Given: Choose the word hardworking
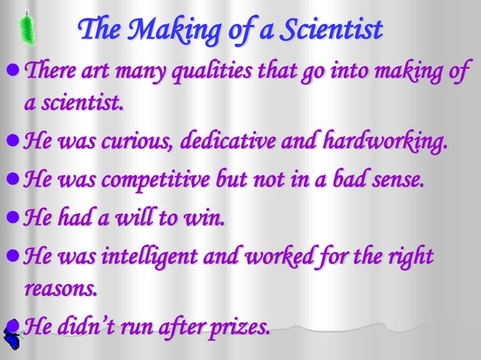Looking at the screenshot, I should coord(384,141).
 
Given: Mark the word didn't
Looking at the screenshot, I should coord(93,328).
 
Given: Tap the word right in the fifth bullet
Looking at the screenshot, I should coord(415,258).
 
